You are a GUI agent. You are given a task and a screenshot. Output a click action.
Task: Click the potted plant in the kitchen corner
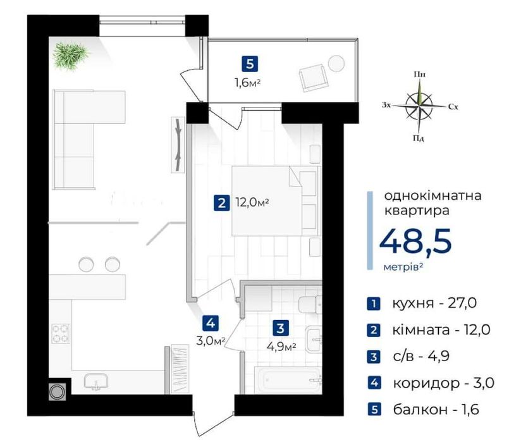(x=71, y=56)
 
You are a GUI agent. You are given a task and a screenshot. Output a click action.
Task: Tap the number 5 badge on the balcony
(x=250, y=64)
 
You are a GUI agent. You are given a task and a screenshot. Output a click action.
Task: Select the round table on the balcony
(x=336, y=63)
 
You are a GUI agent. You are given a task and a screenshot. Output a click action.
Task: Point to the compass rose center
(x=419, y=105)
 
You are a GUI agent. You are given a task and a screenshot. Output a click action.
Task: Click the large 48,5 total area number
(x=415, y=241)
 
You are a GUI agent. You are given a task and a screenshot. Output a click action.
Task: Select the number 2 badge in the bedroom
(x=222, y=204)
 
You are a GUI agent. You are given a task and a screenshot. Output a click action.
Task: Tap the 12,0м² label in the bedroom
(x=252, y=203)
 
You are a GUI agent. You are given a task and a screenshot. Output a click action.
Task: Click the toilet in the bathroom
(x=310, y=304)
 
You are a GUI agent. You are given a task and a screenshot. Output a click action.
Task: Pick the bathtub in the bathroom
(x=288, y=380)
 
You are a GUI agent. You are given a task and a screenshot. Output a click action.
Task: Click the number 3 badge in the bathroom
(x=281, y=328)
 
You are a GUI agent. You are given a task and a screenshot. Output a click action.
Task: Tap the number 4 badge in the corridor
(x=211, y=323)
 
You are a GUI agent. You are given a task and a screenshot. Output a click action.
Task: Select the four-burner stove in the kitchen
(x=61, y=334)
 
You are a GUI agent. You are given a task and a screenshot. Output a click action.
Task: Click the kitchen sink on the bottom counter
(x=95, y=381)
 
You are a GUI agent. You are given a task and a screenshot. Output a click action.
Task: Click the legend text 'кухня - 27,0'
(x=434, y=303)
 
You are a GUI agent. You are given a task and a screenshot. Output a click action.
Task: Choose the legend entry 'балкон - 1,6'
(x=436, y=410)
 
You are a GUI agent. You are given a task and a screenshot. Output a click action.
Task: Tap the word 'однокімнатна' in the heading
(x=432, y=195)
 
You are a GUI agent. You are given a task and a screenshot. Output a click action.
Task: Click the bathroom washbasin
(x=314, y=340)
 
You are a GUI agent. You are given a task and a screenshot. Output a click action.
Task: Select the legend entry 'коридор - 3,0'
(x=443, y=383)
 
